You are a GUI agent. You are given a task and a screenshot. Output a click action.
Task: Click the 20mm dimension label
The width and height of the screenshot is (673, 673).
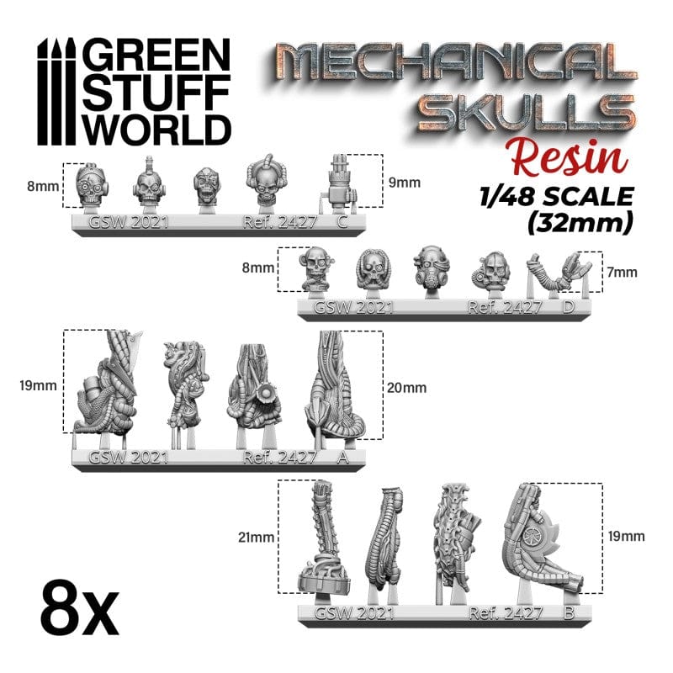tap(408, 388)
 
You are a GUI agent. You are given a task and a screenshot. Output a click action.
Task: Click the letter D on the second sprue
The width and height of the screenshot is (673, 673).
tap(569, 307)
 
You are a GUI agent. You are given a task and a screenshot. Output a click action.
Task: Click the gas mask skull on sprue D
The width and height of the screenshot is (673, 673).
tap(431, 268)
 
